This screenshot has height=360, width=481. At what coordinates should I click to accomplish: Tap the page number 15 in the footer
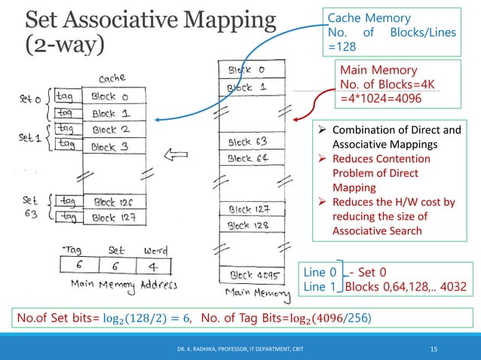click(x=434, y=348)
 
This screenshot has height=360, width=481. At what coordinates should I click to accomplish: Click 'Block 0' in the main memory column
click(x=244, y=70)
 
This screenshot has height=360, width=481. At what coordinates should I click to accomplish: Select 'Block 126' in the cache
click(x=115, y=202)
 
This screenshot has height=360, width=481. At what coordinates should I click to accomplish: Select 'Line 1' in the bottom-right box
click(x=320, y=286)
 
